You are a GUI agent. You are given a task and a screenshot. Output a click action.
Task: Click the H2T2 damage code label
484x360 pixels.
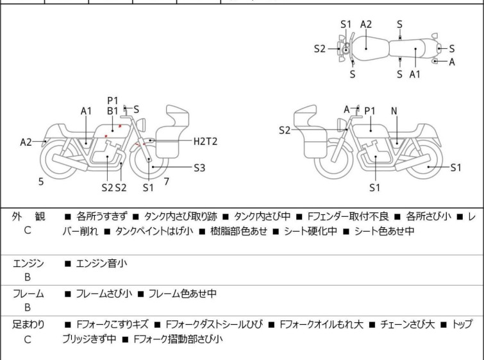click(205, 141)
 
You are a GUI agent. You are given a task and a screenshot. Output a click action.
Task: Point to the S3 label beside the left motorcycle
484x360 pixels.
click(199, 168)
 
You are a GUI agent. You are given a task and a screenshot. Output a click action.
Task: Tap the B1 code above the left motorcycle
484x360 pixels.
click(113, 110)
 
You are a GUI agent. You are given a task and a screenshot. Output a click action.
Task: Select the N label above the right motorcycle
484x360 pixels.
click(394, 111)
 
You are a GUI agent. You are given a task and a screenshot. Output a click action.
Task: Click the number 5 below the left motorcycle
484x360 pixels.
click(41, 182)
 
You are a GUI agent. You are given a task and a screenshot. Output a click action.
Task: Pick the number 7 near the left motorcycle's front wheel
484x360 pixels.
click(166, 182)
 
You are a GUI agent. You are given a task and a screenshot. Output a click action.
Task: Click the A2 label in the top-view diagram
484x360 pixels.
click(366, 24)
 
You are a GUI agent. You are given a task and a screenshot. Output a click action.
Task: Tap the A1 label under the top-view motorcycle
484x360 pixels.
click(415, 74)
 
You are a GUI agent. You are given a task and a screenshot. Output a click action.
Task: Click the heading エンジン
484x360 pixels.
click(28, 263)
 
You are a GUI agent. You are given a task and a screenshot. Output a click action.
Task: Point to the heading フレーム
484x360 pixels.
click(28, 294)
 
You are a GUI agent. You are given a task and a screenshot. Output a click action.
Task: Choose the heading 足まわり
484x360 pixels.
click(28, 325)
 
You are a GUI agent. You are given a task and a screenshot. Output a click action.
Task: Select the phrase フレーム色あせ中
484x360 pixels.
click(183, 294)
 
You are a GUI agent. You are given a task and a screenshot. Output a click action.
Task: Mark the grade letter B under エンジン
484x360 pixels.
click(28, 277)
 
